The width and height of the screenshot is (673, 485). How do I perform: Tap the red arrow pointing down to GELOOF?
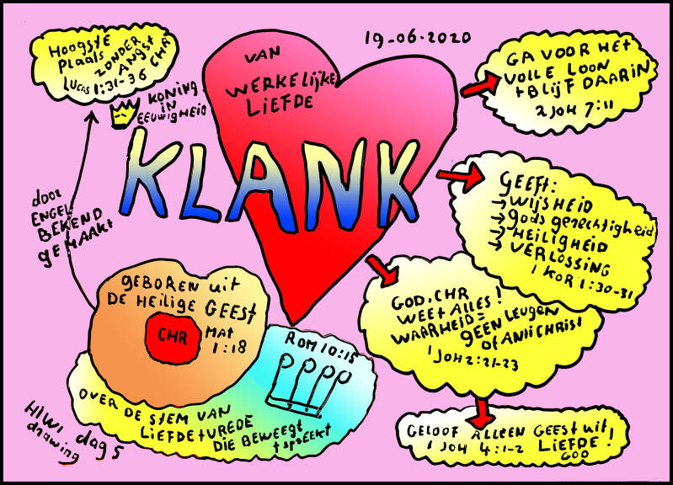coord(483,410)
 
